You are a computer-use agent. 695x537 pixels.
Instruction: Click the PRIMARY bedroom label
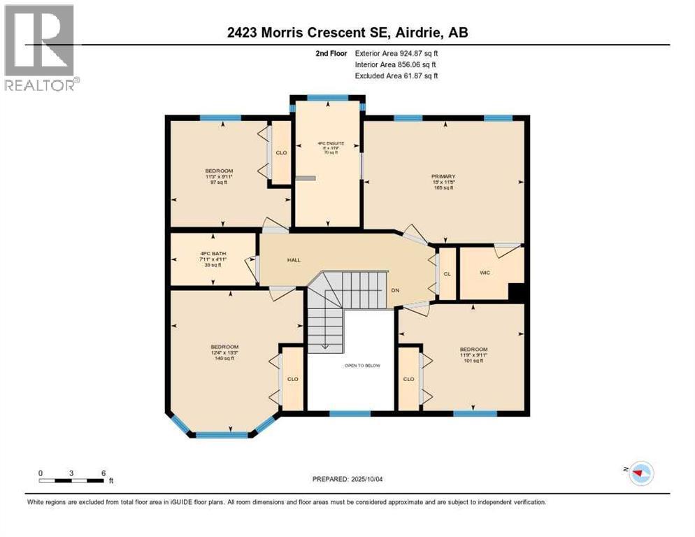tap(443, 177)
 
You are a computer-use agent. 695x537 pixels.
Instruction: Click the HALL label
tap(294, 260)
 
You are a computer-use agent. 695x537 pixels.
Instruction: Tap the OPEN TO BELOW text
tap(361, 366)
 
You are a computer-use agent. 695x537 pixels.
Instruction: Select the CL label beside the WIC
tap(447, 274)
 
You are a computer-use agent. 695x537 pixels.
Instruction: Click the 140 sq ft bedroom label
tap(224, 348)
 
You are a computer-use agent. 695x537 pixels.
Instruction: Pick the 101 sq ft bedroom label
tap(473, 350)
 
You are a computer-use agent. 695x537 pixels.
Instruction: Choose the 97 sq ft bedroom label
tap(219, 171)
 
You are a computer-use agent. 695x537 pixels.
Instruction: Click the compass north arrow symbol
tap(638, 473)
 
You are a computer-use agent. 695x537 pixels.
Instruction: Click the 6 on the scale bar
tap(103, 473)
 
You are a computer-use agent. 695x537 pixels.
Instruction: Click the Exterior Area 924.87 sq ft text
tap(399, 53)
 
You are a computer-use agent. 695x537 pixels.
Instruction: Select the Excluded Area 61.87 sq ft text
tap(396, 76)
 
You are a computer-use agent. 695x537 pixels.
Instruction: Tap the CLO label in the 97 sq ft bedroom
tap(281, 152)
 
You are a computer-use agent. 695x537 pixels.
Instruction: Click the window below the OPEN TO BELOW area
tap(350, 414)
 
